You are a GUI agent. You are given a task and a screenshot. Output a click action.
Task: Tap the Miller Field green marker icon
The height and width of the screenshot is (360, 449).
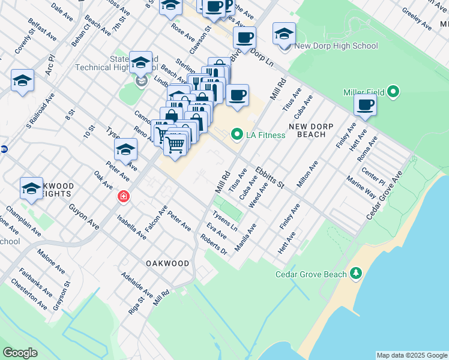tap(393, 92)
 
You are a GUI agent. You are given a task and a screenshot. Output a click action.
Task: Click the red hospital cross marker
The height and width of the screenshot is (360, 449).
tap(123, 196)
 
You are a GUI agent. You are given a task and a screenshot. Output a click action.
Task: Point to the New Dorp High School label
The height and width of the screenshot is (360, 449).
tap(336, 46)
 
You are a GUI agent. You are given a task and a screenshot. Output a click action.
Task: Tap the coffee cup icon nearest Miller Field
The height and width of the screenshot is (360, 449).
tap(365, 106)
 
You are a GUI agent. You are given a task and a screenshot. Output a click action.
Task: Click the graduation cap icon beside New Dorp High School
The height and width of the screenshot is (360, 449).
tap(284, 34)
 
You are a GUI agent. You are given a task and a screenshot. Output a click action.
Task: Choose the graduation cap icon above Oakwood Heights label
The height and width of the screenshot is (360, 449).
tap(31, 188)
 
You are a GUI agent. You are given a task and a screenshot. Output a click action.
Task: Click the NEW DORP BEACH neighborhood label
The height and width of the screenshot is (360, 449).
tap(307, 130)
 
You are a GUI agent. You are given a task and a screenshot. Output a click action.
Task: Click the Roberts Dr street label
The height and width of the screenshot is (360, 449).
tap(214, 244)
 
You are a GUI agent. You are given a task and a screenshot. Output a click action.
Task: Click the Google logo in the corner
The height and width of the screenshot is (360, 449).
tap(20, 353)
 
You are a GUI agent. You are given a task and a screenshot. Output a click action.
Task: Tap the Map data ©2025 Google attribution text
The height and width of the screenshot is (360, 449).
tap(411, 355)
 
